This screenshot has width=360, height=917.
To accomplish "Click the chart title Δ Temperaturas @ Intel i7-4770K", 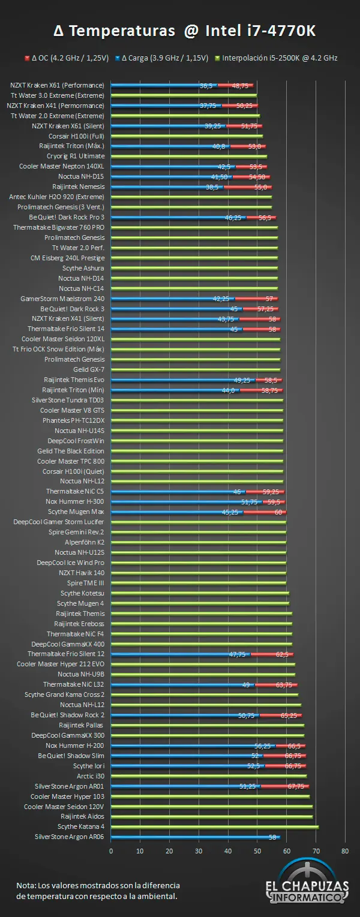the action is click(184, 31).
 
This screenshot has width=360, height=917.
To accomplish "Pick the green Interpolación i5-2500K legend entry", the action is click(277, 58).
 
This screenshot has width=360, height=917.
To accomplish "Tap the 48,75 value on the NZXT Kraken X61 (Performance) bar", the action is click(240, 86).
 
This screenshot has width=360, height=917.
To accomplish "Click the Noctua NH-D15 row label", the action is click(81, 176).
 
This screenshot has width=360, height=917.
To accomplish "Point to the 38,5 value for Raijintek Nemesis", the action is click(212, 188).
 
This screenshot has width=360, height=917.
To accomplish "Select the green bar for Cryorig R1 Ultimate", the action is click(189, 157).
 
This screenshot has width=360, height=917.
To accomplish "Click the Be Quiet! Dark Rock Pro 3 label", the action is click(67, 217).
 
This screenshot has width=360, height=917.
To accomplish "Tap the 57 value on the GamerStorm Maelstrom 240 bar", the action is click(269, 299).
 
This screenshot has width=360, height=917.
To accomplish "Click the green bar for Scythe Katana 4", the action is click(215, 827).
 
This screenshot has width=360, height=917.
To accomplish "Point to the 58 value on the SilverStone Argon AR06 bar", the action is click(272, 838).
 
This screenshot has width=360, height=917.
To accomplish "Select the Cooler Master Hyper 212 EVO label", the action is click(61, 664).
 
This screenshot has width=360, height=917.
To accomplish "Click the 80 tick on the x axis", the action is click(345, 851).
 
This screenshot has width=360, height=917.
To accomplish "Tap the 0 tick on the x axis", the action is click(111, 851).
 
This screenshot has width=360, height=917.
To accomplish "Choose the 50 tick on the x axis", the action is click(257, 851).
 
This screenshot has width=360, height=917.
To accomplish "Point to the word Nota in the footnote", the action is click(26, 885).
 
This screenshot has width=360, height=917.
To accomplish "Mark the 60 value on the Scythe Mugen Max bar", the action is click(278, 512).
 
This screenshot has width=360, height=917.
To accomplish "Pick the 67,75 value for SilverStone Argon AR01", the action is click(296, 786).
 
